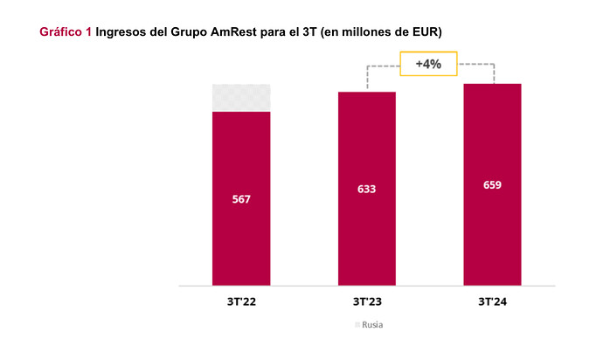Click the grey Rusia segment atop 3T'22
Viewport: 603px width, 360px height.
(x=241, y=98)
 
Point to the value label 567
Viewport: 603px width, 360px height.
(x=241, y=200)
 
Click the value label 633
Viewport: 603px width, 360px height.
(x=367, y=189)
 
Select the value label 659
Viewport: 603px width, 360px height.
(x=492, y=185)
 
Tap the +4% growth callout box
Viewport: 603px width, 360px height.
(x=428, y=65)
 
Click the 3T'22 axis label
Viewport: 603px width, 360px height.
(x=241, y=301)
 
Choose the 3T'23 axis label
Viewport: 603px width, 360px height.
(x=367, y=301)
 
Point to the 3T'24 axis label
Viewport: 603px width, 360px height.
(x=492, y=301)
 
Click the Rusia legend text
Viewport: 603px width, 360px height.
(x=372, y=325)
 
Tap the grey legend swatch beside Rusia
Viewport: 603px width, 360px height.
(x=357, y=325)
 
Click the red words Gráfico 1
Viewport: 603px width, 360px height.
(x=66, y=32)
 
